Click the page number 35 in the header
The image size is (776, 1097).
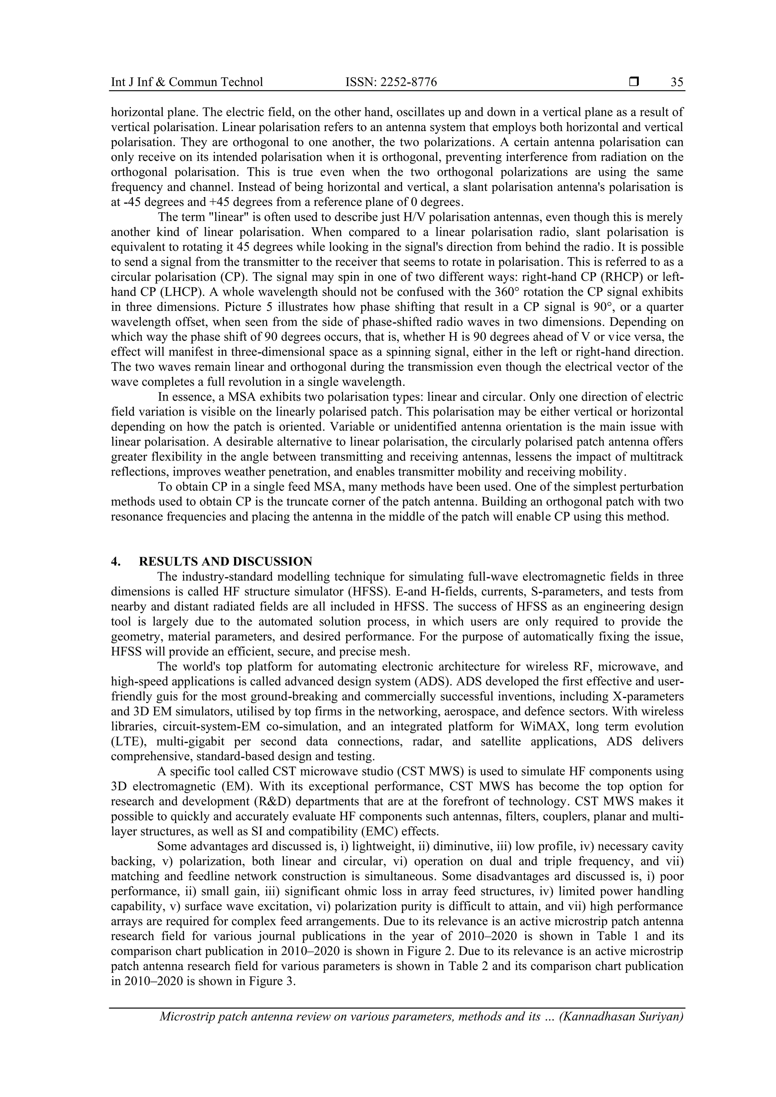[x=677, y=82]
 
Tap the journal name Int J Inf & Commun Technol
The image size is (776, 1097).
[x=187, y=82]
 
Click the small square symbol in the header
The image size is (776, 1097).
[x=634, y=82]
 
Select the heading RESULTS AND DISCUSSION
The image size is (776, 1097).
[x=226, y=562]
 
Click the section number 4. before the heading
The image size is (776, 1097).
[x=115, y=562]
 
